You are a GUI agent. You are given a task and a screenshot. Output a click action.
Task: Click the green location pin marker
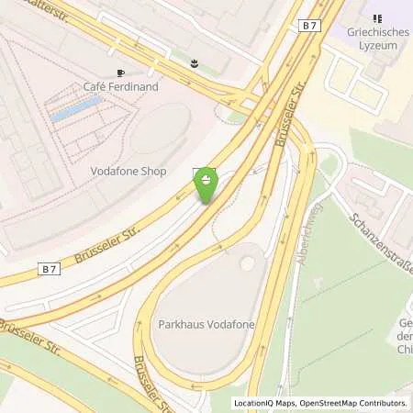[x=206, y=185]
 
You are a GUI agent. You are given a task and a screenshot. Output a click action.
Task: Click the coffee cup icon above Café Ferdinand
[x=120, y=72]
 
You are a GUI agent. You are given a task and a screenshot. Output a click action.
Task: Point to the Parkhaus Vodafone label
[x=204, y=324]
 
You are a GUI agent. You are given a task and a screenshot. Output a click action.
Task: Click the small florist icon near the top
[x=194, y=63]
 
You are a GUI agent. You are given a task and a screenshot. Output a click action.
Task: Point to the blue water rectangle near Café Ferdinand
[x=75, y=111]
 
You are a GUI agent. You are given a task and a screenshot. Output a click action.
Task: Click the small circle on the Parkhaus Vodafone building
[x=247, y=263]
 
